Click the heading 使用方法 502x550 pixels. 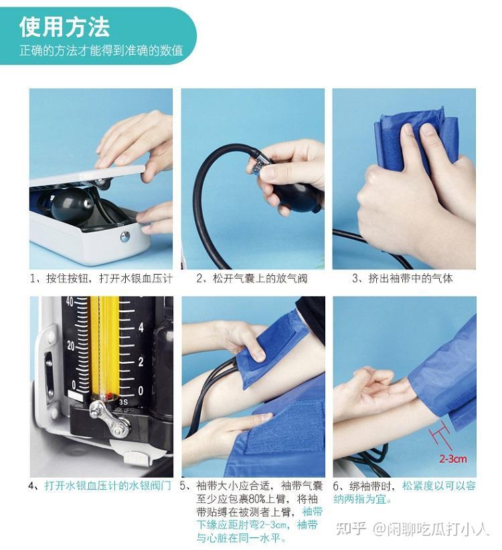point(64,27)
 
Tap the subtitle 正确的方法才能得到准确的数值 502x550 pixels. point(101,50)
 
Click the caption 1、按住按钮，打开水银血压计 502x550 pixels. point(101,279)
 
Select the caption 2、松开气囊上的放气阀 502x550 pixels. point(252,279)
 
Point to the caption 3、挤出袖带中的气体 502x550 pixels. point(403,279)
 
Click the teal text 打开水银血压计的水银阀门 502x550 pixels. point(108,486)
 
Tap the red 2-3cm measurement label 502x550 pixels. point(453,459)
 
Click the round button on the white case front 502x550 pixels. point(124,236)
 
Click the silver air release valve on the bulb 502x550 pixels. point(260,164)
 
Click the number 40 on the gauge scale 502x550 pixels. point(69,301)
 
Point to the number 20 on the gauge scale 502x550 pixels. point(70,346)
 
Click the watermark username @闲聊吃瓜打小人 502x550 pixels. point(430,529)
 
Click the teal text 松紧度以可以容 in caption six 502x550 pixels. point(439,486)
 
